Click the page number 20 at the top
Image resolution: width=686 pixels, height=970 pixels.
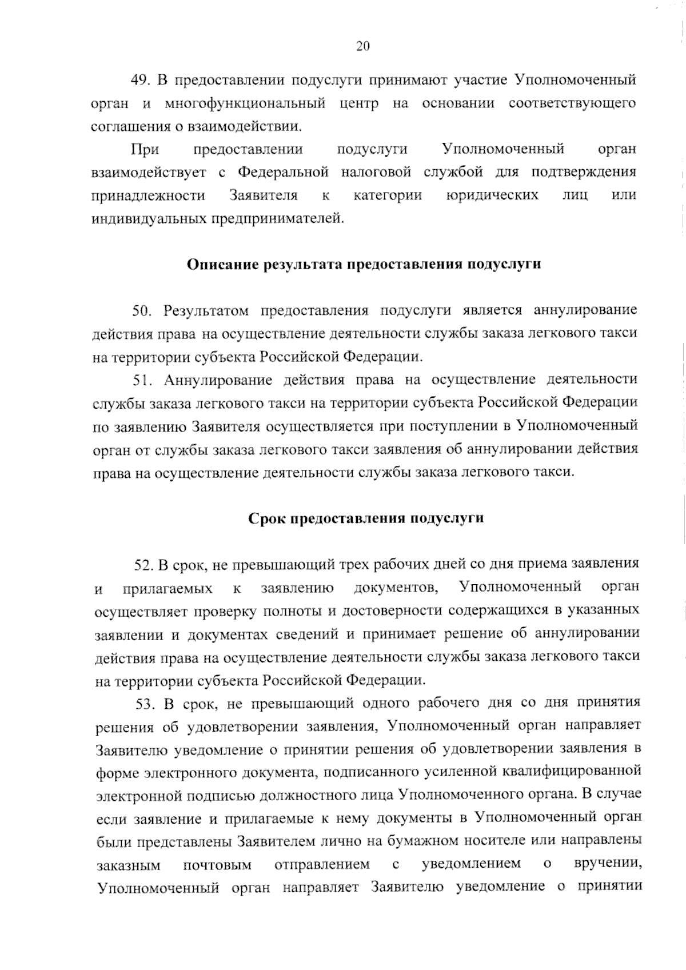click(x=363, y=47)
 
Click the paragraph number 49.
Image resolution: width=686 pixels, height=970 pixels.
click(x=139, y=80)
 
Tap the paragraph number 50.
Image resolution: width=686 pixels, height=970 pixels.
click(x=141, y=311)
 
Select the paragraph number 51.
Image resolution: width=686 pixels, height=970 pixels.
click(x=141, y=380)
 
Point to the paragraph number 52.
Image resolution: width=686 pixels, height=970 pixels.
click(x=142, y=565)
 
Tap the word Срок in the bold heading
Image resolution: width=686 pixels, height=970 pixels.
click(x=268, y=518)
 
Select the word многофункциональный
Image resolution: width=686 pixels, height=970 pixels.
click(x=245, y=103)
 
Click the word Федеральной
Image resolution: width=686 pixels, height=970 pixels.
click(x=282, y=172)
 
